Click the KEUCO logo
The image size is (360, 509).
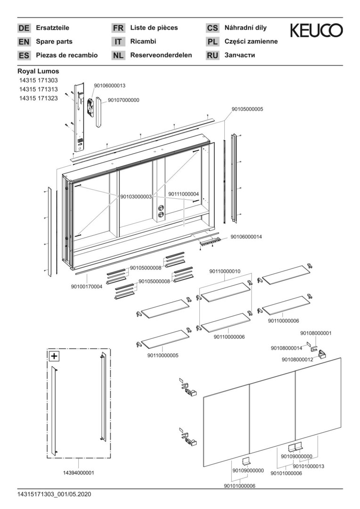click(316, 31)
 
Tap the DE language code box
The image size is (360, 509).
click(24, 28)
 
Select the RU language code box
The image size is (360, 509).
click(213, 56)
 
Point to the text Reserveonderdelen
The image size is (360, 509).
click(161, 55)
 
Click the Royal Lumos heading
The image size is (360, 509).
click(38, 71)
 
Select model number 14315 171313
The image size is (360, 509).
click(39, 90)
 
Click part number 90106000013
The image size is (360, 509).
click(109, 85)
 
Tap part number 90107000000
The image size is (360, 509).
click(123, 100)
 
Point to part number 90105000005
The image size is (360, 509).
click(247, 109)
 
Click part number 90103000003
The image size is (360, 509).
click(136, 197)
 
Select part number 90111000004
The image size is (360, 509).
click(183, 194)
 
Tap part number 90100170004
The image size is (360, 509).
click(87, 286)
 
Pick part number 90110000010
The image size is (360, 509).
click(225, 271)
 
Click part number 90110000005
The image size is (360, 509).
click(163, 355)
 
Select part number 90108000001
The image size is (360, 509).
click(316, 333)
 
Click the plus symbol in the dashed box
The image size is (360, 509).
click(54, 356)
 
